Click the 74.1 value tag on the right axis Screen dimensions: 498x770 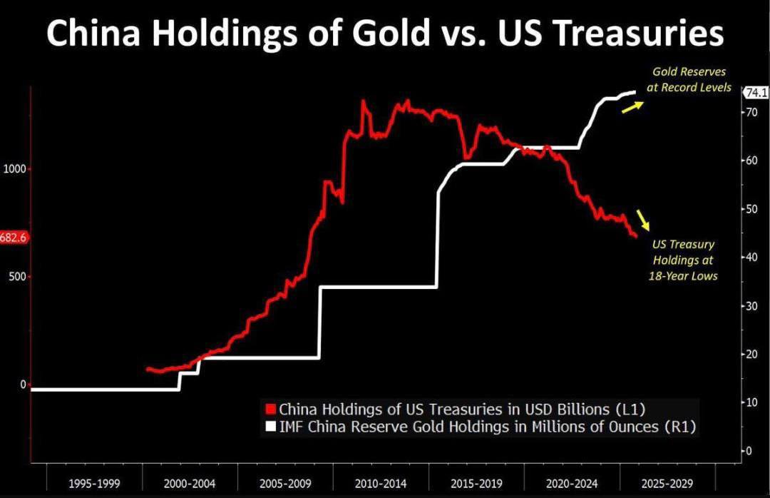pos(755,93)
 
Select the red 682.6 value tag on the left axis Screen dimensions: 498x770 pos(14,237)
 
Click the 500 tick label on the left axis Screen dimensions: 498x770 pos(17,276)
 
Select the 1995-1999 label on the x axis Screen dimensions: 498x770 pos(94,484)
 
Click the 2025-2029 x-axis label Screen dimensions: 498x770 pos(667,484)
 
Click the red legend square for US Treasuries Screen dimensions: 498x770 pos(270,410)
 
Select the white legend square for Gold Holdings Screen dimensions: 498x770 pos(270,427)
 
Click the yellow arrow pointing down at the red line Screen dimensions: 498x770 pos(643,220)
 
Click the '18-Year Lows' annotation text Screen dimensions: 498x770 pos(682,275)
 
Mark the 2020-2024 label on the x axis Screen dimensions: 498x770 pos(571,484)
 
